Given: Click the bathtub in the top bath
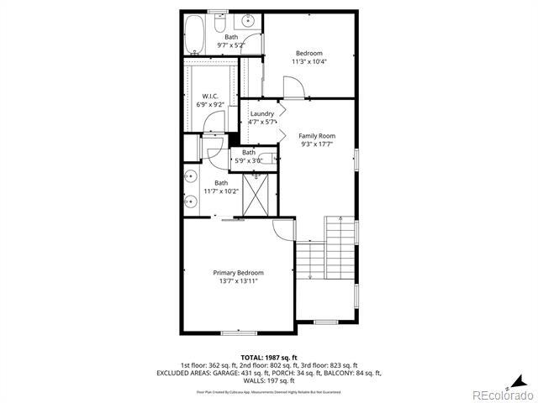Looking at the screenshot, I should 194,34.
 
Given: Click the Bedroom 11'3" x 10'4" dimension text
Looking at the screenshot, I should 309,61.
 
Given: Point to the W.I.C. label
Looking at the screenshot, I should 210,96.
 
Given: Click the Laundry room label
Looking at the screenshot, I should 261,113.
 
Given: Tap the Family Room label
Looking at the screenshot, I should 317,135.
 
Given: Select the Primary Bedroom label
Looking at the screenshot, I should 238,273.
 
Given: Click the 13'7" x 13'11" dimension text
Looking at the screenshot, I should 238,281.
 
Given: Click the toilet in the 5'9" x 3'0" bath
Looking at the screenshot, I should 268,156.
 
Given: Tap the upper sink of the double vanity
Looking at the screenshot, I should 192,176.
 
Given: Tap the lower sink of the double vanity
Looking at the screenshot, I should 192,201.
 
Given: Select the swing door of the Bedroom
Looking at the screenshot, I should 293,86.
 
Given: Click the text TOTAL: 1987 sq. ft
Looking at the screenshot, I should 269,357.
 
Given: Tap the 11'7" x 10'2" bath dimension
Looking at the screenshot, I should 221,191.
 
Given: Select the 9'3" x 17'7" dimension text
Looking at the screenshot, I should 317,144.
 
